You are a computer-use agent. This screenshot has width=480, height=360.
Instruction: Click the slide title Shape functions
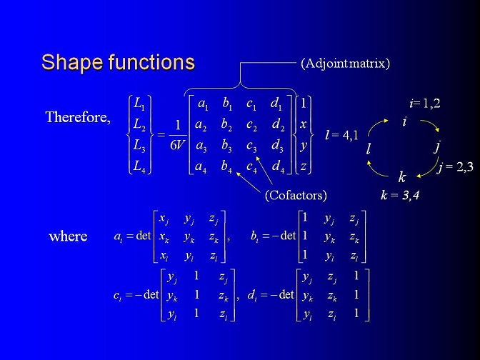pyautogui.click(x=118, y=62)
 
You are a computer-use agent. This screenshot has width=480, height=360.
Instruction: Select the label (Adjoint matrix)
pyautogui.click(x=345, y=64)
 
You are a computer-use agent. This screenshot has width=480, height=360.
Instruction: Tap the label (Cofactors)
pyautogui.click(x=296, y=195)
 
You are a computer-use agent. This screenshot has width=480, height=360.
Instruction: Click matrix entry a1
pyautogui.click(x=204, y=104)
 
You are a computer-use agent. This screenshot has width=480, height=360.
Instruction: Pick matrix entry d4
pyautogui.click(x=279, y=166)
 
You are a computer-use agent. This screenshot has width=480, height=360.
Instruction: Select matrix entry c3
pyautogui.click(x=251, y=146)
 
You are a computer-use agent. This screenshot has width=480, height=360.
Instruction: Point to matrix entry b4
pyautogui.click(x=226, y=166)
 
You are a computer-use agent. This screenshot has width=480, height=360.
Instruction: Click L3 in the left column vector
pyautogui.click(x=139, y=145)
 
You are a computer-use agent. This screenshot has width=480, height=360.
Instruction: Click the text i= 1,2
pyautogui.click(x=425, y=104)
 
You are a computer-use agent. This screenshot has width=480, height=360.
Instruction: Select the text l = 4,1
pyautogui.click(x=341, y=135)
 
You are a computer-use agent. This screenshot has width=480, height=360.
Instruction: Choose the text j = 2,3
pyautogui.click(x=455, y=167)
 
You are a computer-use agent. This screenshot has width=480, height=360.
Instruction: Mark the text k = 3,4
pyautogui.click(x=400, y=195)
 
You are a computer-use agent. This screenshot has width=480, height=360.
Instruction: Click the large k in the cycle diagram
pyautogui.click(x=402, y=177)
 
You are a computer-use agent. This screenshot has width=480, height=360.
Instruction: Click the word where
pyautogui.click(x=68, y=236)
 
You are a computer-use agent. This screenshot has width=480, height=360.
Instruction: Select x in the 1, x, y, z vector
pyautogui.click(x=303, y=124)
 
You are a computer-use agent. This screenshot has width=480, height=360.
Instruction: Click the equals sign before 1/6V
pyautogui.click(x=161, y=134)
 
